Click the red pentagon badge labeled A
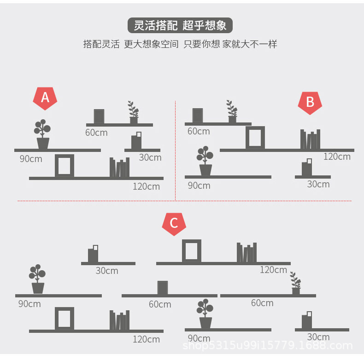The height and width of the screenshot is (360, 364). click(x=45, y=99)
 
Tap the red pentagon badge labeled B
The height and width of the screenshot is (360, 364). click(x=310, y=103)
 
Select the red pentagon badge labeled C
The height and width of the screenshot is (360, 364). click(x=174, y=224)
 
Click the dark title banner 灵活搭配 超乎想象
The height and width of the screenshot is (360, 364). click(x=180, y=25)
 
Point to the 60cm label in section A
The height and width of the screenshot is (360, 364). click(x=96, y=133)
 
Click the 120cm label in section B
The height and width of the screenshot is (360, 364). click(x=337, y=157)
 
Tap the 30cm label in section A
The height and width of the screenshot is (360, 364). click(x=150, y=157)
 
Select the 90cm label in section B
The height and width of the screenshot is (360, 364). click(x=199, y=186)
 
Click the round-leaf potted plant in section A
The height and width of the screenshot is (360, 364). click(x=42, y=134)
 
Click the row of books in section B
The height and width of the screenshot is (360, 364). click(x=310, y=139)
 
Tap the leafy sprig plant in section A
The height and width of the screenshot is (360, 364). click(x=134, y=112)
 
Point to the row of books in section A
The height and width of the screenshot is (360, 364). click(x=119, y=167)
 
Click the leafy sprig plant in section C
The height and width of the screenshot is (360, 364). click(x=295, y=283)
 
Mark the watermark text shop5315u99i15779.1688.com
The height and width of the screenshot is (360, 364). click(x=267, y=346)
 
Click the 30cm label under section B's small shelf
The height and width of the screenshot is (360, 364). click(x=318, y=184)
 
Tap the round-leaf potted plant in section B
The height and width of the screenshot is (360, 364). click(x=205, y=161)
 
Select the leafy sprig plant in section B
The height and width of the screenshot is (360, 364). click(x=232, y=111)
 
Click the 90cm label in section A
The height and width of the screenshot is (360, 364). click(x=31, y=159)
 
